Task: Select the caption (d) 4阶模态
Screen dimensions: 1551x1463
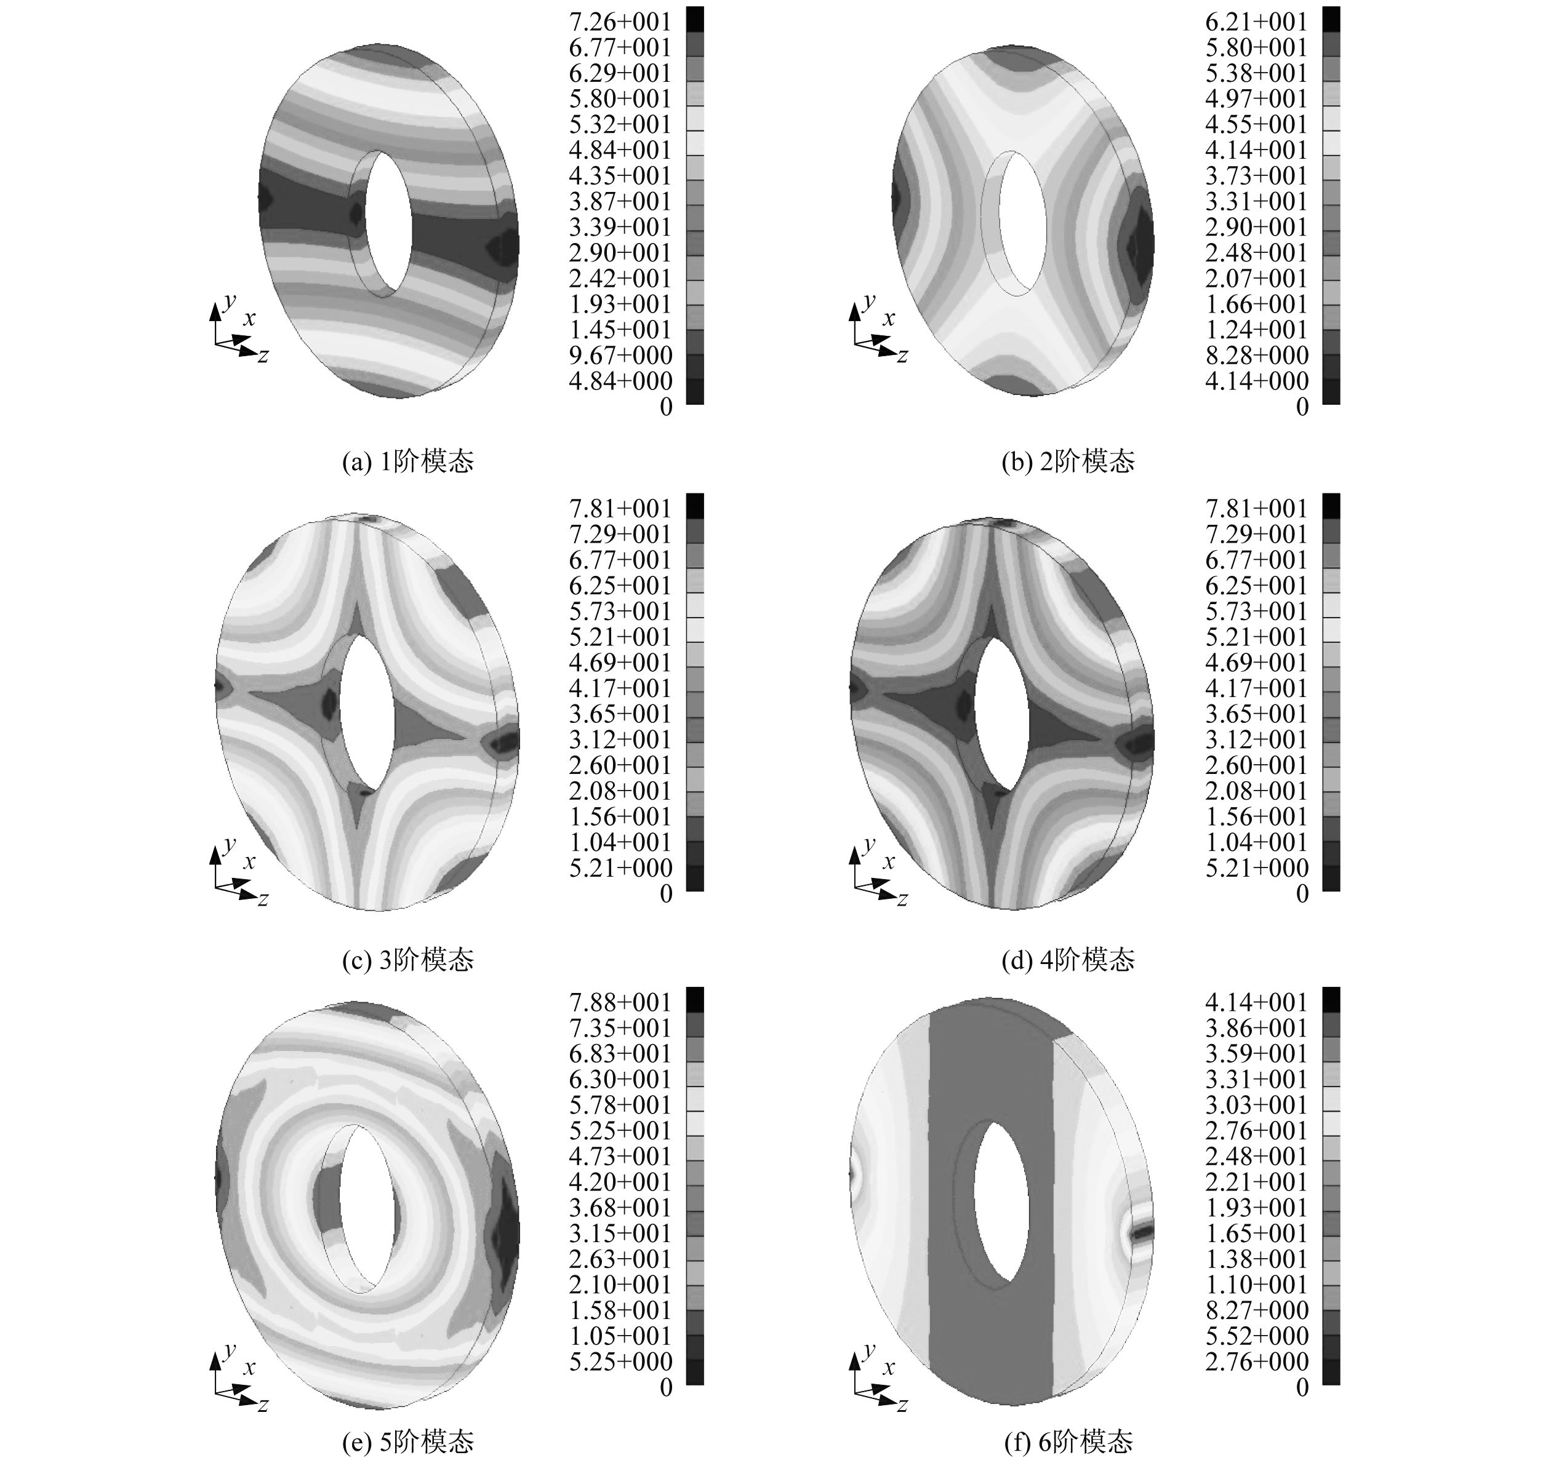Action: tap(1068, 959)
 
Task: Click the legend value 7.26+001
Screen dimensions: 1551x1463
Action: tap(620, 22)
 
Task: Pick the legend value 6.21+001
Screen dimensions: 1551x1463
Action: tap(1257, 22)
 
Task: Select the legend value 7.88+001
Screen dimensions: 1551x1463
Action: tap(620, 1002)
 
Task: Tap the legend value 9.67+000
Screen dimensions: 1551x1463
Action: tap(620, 356)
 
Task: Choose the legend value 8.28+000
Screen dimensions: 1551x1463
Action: tap(1257, 356)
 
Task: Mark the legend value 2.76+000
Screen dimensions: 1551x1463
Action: tap(1257, 1361)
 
